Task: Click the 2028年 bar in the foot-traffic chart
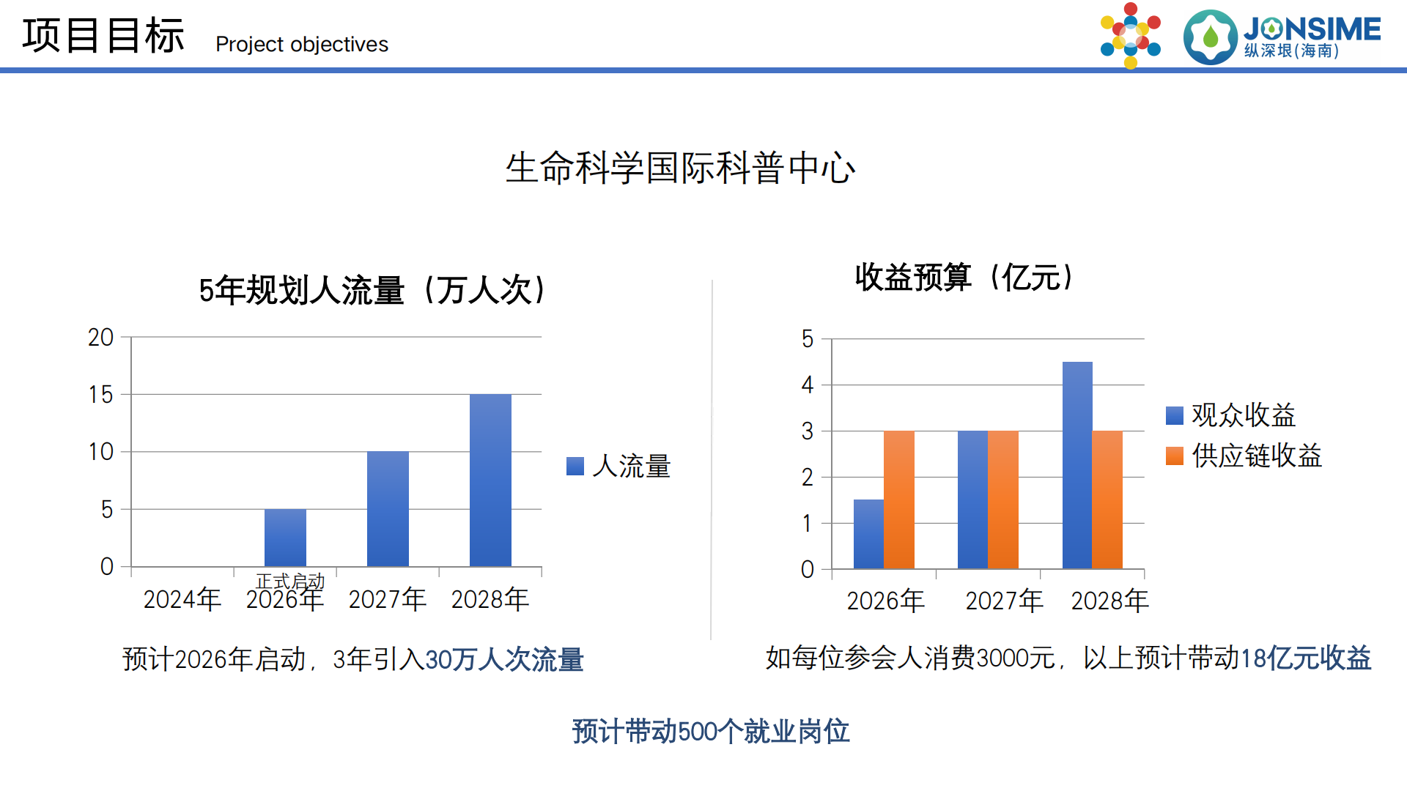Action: tap(490, 480)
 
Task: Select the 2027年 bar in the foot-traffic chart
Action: tap(388, 508)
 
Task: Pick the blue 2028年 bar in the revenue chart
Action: tap(1077, 465)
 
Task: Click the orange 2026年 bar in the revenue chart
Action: tap(898, 500)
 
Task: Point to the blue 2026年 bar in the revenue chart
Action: tap(868, 534)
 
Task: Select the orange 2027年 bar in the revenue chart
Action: tap(1002, 500)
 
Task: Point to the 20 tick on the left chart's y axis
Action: tap(100, 338)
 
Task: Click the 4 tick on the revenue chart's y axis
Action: tap(808, 385)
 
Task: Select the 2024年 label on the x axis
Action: tap(182, 599)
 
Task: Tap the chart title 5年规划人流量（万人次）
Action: tap(372, 290)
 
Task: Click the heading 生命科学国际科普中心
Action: tap(680, 168)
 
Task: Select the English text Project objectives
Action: tap(302, 45)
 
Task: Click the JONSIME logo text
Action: tap(1312, 30)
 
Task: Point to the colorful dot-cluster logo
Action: tap(1130, 35)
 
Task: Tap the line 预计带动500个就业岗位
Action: tap(710, 731)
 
